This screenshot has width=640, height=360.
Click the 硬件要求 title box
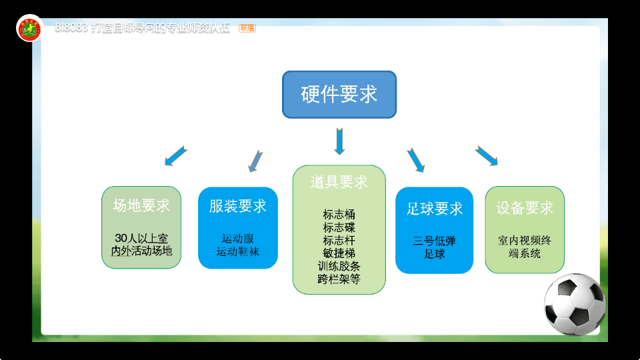[x=339, y=95]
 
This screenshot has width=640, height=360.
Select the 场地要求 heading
[x=141, y=206]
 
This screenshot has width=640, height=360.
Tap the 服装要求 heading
[x=238, y=206]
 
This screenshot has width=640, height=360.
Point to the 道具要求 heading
[x=339, y=182]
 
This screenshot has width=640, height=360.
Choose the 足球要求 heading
[x=435, y=209]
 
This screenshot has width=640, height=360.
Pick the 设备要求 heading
[x=525, y=208]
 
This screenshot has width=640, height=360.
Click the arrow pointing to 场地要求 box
[x=175, y=155]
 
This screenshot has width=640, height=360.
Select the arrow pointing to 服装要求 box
[x=255, y=160]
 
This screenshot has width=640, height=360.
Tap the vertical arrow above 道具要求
[x=339, y=141]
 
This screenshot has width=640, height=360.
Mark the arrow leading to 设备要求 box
[x=487, y=156]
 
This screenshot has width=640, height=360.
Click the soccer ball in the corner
[x=574, y=304]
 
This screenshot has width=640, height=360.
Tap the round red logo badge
[x=29, y=28]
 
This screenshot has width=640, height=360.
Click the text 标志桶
[x=339, y=215]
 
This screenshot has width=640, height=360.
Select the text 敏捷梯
[x=339, y=253]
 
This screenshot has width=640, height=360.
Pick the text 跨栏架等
[x=339, y=279]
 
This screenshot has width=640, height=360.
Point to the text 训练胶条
[x=339, y=266]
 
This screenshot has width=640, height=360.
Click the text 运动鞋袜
[x=238, y=251]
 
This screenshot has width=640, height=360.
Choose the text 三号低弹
[x=435, y=241]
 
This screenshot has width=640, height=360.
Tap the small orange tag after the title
[x=247, y=28]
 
